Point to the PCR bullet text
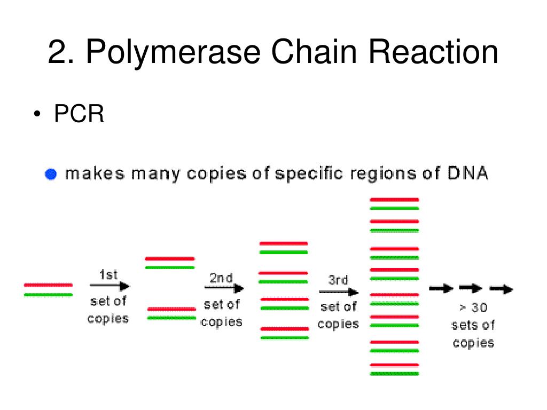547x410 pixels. point(79,114)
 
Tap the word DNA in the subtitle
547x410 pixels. point(466,174)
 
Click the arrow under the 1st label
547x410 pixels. point(110,286)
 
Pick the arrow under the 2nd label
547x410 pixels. point(224,289)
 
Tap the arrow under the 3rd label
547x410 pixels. point(339,292)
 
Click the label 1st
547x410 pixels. point(108,275)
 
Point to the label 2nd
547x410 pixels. point(221,278)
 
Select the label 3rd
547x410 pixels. point(338,281)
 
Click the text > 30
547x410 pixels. point(473,307)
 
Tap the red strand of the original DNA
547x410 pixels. point(48,285)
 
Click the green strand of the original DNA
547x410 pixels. point(48,294)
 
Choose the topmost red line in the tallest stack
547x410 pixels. point(394,199)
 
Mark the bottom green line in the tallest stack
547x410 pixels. point(394,374)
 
